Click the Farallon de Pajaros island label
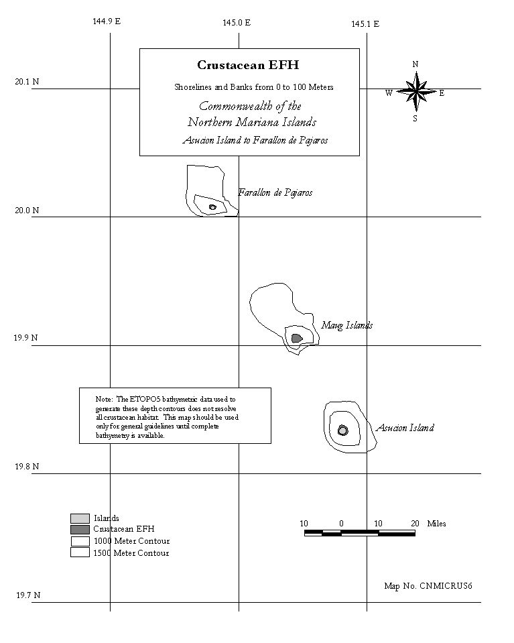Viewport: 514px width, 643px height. (x=275, y=192)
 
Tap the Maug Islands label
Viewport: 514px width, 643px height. (x=346, y=326)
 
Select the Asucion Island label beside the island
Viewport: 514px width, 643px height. (x=405, y=428)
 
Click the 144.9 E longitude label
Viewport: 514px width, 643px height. (x=107, y=21)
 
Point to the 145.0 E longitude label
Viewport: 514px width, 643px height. (x=237, y=23)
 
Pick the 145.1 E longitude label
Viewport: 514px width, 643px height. (x=365, y=24)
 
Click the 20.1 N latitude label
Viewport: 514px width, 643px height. (x=27, y=82)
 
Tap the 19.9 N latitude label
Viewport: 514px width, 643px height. (x=25, y=338)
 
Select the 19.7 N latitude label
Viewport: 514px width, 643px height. (x=28, y=595)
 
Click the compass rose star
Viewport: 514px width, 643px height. (x=416, y=91)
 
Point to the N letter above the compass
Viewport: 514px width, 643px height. (x=415, y=64)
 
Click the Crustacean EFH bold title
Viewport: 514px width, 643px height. (x=248, y=65)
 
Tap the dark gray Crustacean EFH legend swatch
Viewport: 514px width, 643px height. (x=80, y=530)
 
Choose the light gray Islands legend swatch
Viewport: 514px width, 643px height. (x=80, y=518)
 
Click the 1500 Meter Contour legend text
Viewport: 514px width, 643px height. (x=131, y=553)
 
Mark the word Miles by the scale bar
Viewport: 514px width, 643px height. (x=436, y=524)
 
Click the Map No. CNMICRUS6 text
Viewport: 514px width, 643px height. (x=428, y=586)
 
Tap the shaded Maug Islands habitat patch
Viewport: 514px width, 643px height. (x=297, y=339)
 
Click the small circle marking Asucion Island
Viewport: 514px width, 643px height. (x=342, y=430)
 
